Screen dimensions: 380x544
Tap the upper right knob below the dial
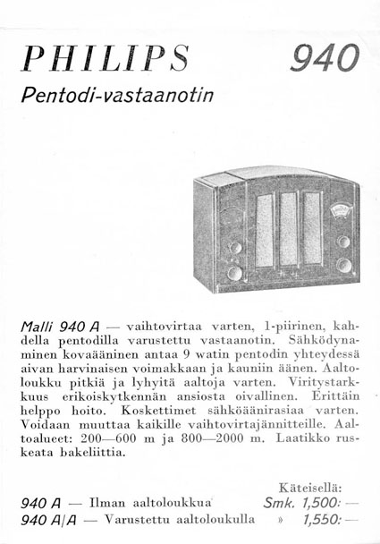[x=342, y=241]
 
